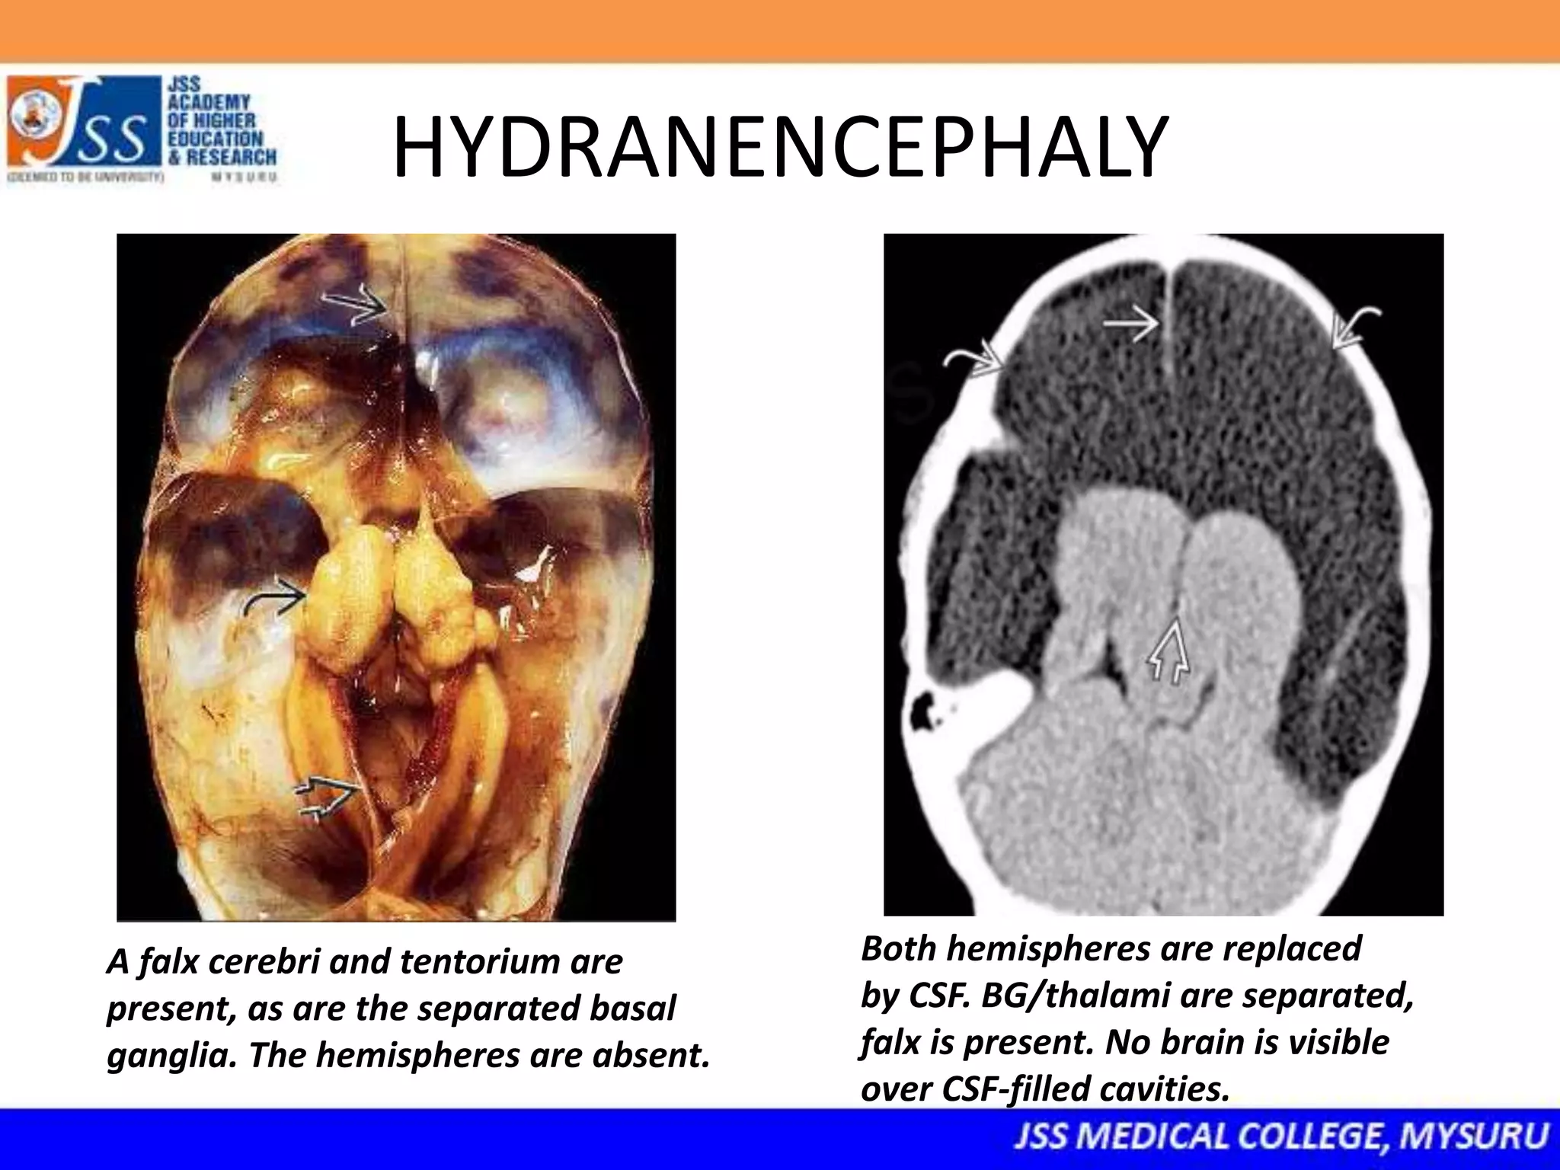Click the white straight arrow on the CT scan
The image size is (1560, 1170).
tap(1131, 325)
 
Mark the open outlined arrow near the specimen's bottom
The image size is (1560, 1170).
tap(326, 800)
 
